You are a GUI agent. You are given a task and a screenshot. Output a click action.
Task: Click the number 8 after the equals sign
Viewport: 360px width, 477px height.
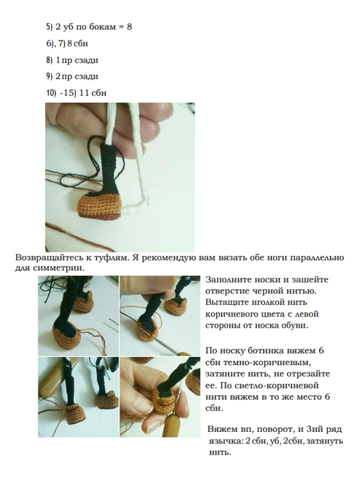point(129,27)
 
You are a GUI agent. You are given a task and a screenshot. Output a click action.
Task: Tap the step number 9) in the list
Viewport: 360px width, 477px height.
point(49,76)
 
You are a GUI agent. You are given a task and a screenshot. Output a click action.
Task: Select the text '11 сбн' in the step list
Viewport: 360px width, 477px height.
point(93,93)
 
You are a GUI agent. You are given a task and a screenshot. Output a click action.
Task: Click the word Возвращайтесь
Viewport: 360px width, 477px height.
point(48,258)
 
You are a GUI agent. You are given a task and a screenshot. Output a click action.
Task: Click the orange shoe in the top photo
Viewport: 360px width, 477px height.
point(98,205)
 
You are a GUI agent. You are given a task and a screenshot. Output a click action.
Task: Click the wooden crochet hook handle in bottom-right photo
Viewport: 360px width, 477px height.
point(171,423)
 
